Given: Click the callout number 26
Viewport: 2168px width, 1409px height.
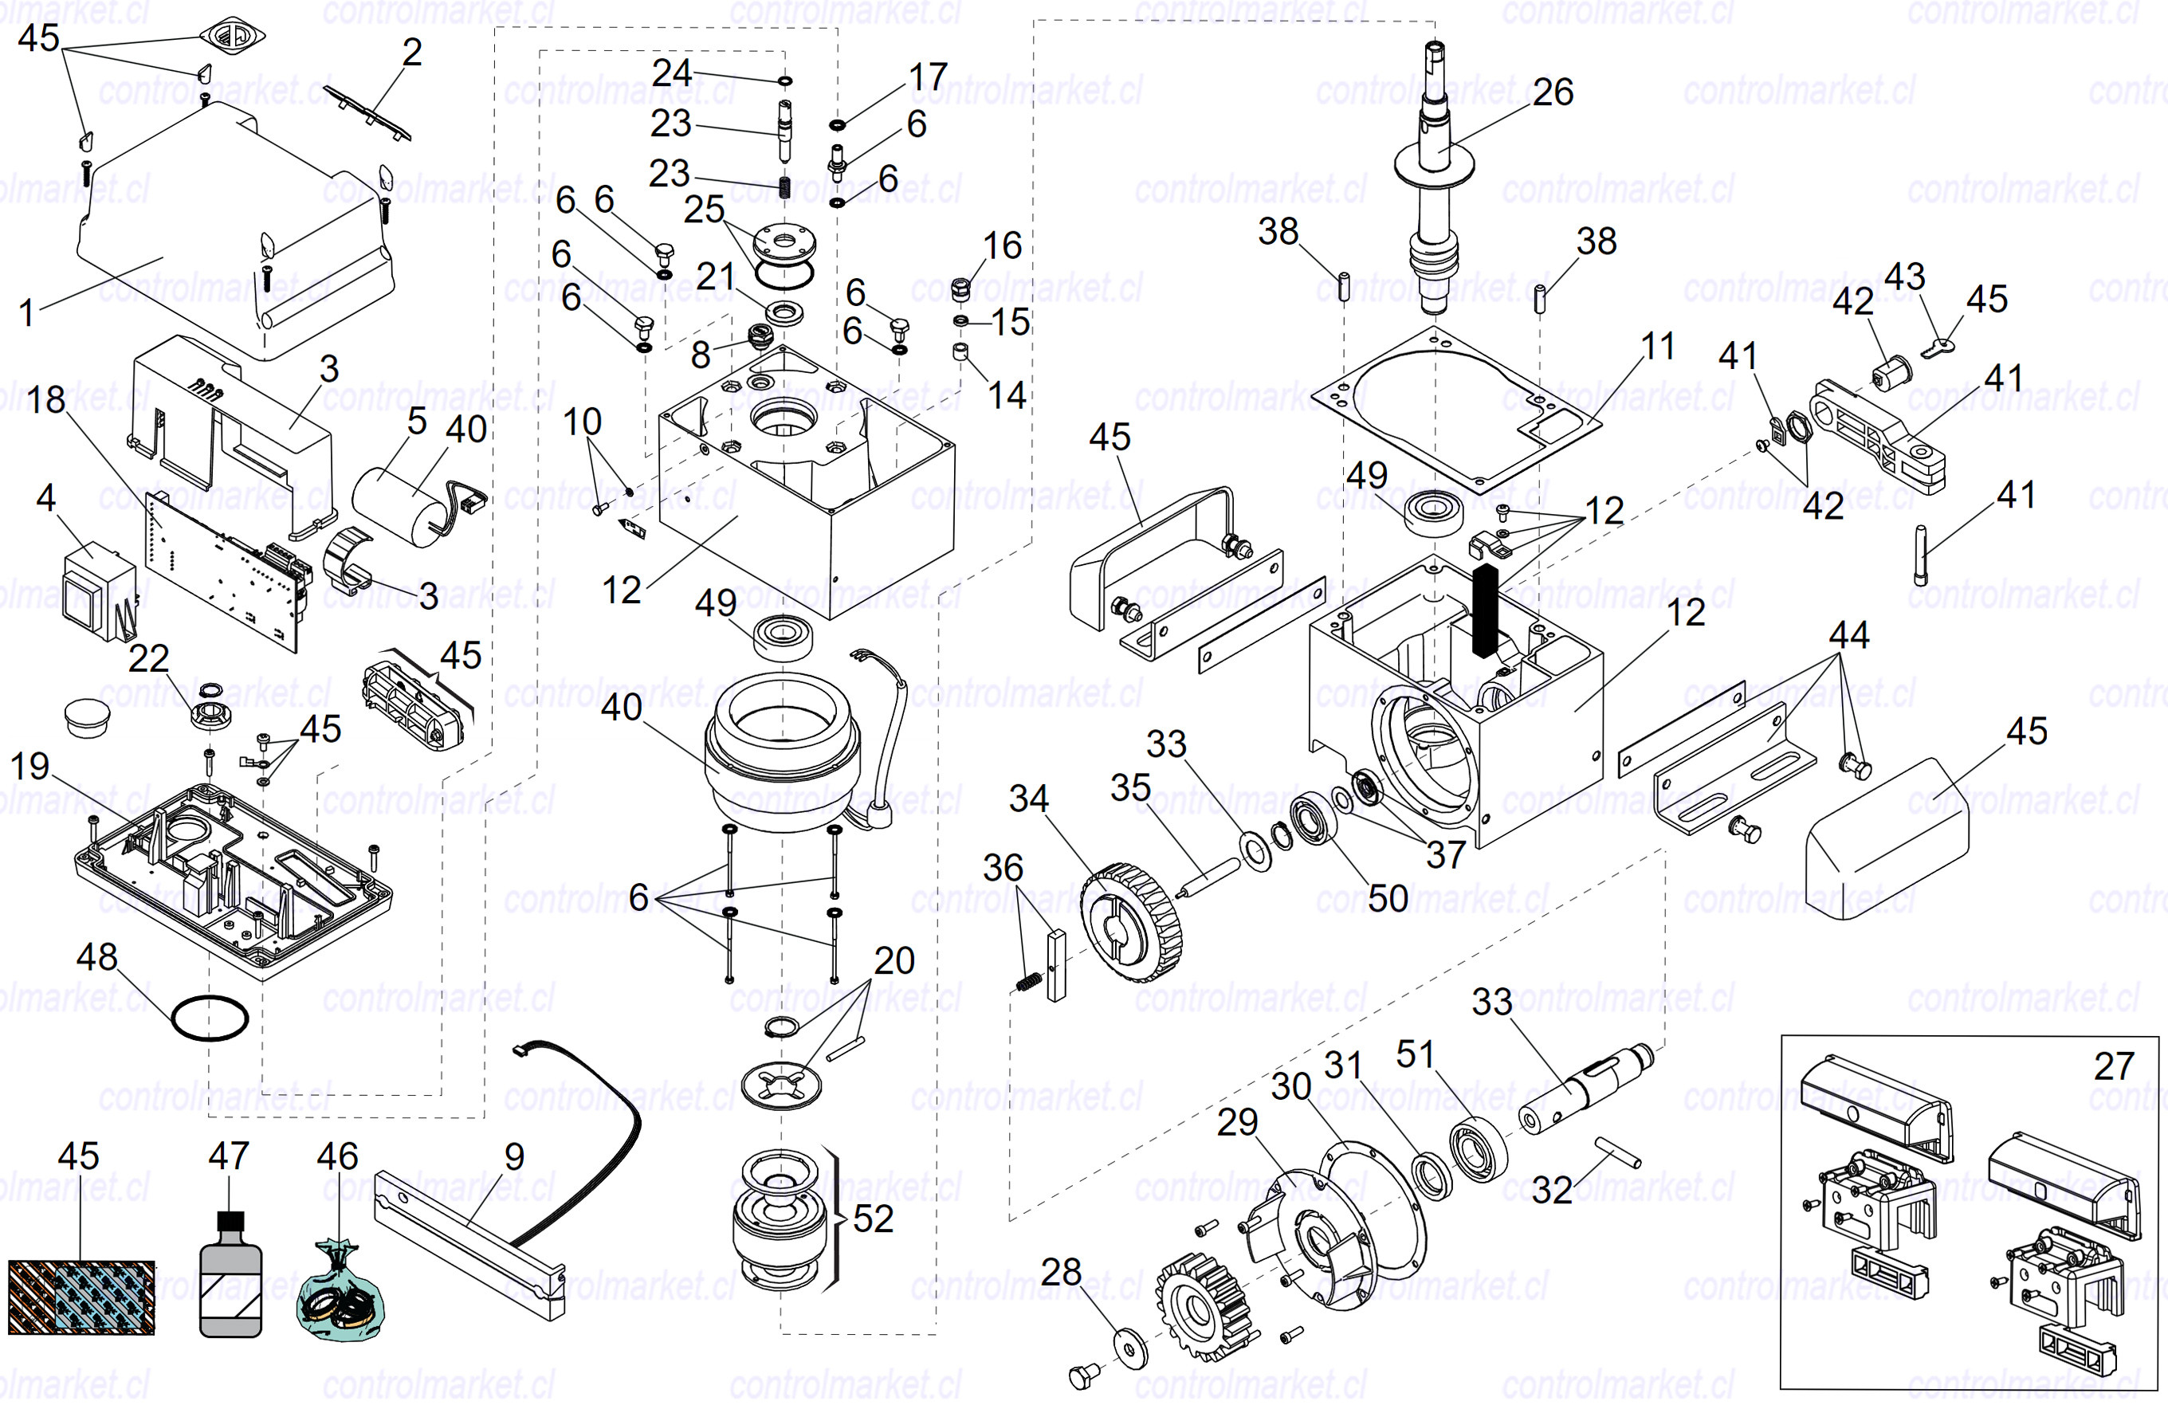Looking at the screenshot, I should pos(1552,92).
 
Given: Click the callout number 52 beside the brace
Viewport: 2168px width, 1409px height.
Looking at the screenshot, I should pos(873,1219).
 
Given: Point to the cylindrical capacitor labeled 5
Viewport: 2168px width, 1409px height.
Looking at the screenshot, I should pos(401,505).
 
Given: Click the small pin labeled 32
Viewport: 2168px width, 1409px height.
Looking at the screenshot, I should pos(1618,1152).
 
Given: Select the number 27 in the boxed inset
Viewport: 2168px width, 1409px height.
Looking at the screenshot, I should pos(2113,1066).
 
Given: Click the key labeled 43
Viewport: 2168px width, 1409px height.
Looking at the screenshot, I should pos(1940,347).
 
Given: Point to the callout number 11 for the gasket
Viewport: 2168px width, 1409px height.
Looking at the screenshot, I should pos(1658,346).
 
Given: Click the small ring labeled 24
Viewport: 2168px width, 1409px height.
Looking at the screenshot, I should pos(784,81).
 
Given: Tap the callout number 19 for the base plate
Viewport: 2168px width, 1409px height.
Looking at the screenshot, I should pos(30,766).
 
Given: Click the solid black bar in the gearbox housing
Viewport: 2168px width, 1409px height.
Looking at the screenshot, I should pos(1485,608).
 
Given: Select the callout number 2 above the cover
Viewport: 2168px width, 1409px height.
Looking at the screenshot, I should pos(412,52).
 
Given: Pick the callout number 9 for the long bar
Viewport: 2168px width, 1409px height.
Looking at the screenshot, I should pos(514,1156).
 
